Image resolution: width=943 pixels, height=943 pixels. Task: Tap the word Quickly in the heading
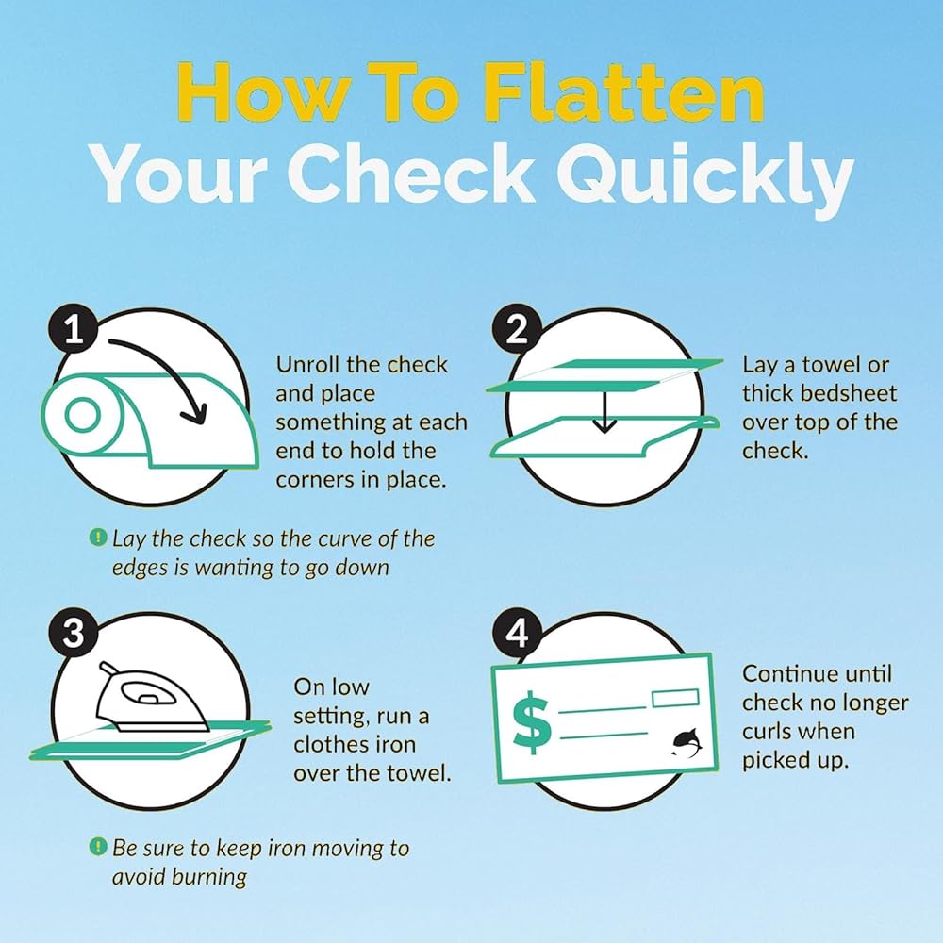tap(703, 174)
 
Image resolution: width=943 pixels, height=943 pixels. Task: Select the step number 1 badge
tap(74, 329)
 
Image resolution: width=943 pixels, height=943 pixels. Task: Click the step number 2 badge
tap(517, 329)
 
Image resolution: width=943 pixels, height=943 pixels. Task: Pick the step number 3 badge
tap(74, 633)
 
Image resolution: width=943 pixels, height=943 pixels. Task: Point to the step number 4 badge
tap(517, 633)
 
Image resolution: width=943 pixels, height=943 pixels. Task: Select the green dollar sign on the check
tap(531, 721)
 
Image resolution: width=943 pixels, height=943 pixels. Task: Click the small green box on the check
tap(675, 698)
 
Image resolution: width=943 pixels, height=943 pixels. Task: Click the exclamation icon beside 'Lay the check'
tap(97, 537)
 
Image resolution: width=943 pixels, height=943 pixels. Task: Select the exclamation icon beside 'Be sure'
tap(97, 846)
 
